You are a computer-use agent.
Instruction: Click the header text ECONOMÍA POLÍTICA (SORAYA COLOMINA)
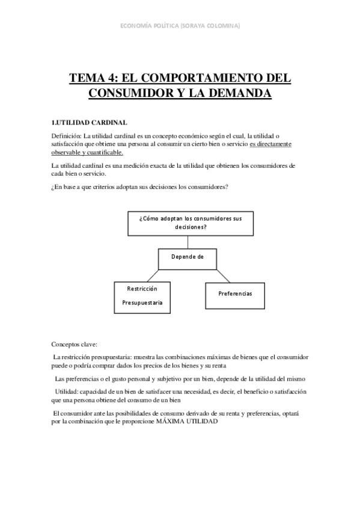click(x=180, y=26)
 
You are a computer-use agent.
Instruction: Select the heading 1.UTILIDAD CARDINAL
click(x=89, y=123)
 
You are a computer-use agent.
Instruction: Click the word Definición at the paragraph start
click(x=66, y=135)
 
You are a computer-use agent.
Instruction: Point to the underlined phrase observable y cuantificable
click(x=87, y=152)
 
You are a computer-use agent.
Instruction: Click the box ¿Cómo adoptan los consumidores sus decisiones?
click(x=190, y=223)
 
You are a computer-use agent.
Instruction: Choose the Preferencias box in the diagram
click(x=235, y=293)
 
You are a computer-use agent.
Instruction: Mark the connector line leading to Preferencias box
click(x=221, y=275)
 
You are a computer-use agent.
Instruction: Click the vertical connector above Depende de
click(x=188, y=241)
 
